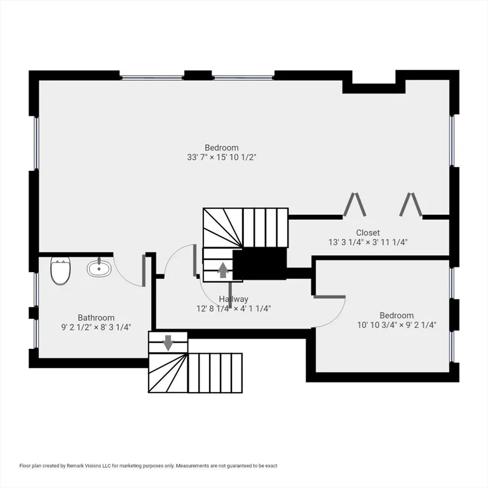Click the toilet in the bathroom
tap(60, 271)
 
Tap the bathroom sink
tap(99, 268)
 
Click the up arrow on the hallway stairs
tap(223, 270)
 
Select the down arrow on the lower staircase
tap(168, 342)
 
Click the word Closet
tap(368, 233)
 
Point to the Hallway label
tap(233, 299)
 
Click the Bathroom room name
tap(96, 318)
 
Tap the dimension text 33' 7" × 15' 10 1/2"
tap(222, 157)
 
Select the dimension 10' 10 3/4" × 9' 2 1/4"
tap(396, 325)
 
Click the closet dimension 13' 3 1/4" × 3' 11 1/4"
tap(368, 242)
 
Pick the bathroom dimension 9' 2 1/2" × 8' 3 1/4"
tap(96, 327)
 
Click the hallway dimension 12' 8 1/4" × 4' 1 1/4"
tap(233, 309)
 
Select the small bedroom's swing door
tap(329, 297)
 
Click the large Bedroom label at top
tap(222, 147)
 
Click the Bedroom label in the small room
tap(396, 315)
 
